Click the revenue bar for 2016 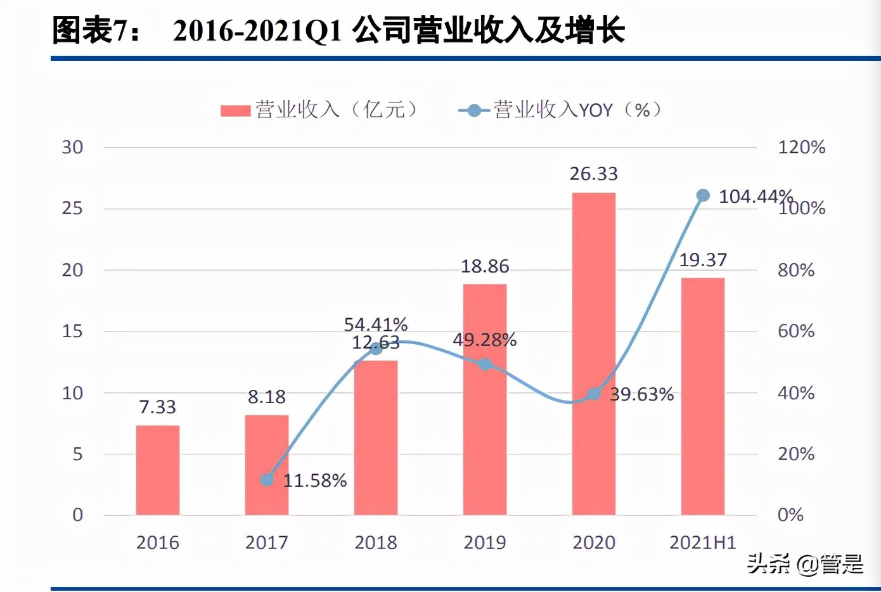158,470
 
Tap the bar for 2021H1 703,396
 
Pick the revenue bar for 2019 485,399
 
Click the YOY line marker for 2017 267,479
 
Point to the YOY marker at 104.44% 703,195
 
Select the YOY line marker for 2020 594,394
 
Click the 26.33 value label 593,174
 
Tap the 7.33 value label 158,407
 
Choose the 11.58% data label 315,480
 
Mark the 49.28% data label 485,340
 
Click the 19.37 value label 703,260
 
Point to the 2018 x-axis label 376,543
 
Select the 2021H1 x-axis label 703,543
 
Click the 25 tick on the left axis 73,208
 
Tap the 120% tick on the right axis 801,147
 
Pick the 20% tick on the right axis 796,454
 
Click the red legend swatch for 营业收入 236,110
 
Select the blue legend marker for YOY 473,110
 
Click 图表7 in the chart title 88,30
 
